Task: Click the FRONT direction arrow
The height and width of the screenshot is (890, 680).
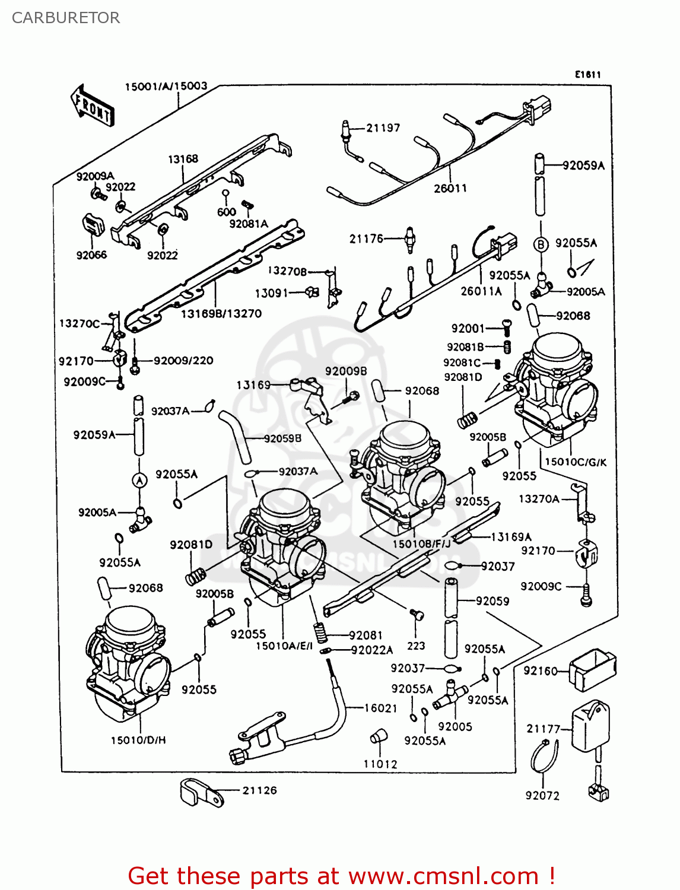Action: click(92, 105)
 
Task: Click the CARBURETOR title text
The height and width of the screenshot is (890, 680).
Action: click(66, 18)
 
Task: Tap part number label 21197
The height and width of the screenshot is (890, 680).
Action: click(383, 128)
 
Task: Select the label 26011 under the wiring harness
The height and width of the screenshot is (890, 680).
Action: click(450, 189)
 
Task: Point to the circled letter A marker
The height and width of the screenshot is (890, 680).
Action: click(139, 481)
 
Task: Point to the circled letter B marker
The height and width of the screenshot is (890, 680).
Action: click(541, 244)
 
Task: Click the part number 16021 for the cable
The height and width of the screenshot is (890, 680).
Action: click(380, 707)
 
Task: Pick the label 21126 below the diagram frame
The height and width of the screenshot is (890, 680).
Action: click(259, 790)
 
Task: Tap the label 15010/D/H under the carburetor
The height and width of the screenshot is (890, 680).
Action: click(138, 740)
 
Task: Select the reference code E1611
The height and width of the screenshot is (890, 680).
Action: click(587, 74)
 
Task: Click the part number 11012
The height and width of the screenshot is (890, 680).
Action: click(380, 764)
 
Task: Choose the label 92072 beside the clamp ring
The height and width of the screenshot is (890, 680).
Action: click(542, 795)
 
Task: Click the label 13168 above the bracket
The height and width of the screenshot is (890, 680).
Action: click(183, 159)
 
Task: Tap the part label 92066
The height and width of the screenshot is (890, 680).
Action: click(91, 255)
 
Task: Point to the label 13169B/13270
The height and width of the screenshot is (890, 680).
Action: click(221, 313)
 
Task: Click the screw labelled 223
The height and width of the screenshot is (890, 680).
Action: click(417, 616)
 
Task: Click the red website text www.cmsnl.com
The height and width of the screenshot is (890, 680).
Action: click(443, 876)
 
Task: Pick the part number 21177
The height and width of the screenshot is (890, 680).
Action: click(543, 729)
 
